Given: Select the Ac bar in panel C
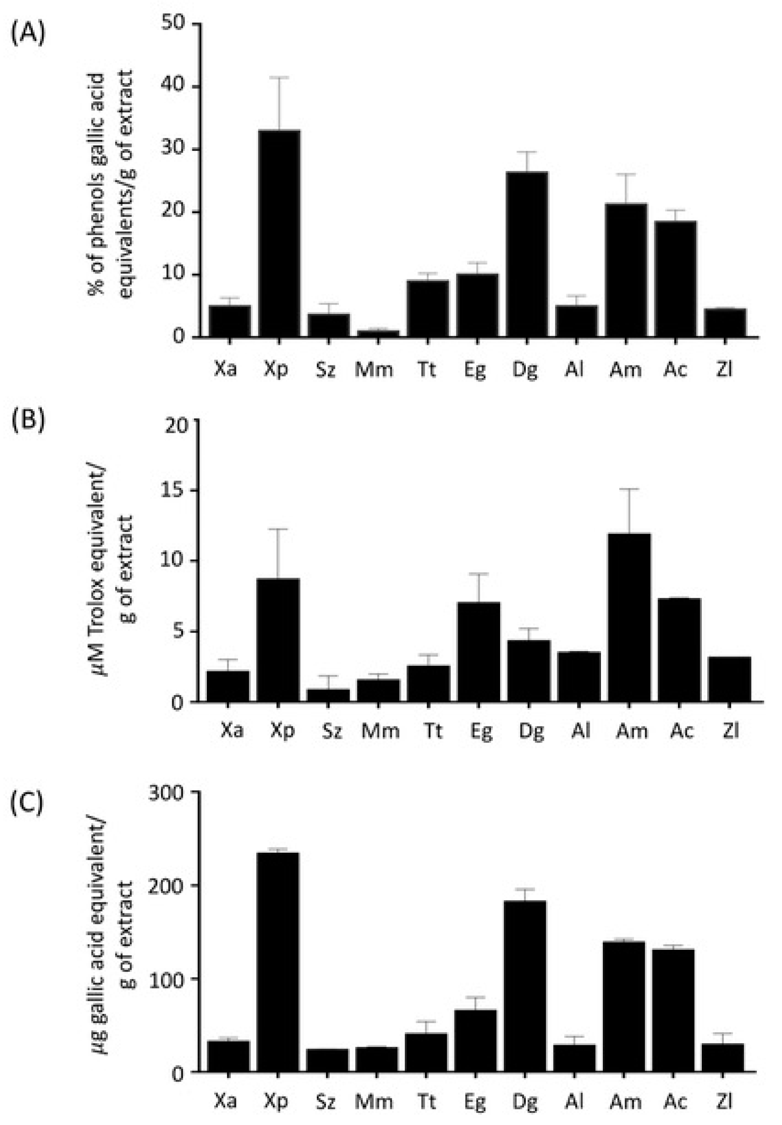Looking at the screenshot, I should (673, 1010).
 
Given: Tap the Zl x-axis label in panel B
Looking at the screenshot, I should (730, 730).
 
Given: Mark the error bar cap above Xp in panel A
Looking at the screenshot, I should (279, 77).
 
